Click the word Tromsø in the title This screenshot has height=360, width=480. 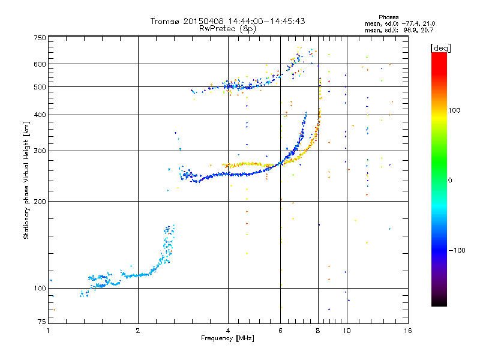[x=164, y=21]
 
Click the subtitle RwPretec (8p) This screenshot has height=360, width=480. [x=227, y=29]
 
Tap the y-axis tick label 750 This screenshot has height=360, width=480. [x=40, y=38]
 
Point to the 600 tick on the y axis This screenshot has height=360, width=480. [x=40, y=64]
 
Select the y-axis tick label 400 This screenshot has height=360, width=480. [x=40, y=115]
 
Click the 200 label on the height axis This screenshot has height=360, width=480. [x=40, y=202]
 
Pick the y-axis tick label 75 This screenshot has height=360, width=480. [x=42, y=322]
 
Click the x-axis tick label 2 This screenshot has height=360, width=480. [x=138, y=331]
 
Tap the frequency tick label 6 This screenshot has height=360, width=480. [x=280, y=331]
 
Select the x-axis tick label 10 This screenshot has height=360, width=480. [x=347, y=331]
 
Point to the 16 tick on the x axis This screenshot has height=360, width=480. [x=408, y=331]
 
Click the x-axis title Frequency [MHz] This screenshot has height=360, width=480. [x=227, y=338]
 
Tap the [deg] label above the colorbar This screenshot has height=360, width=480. [x=440, y=49]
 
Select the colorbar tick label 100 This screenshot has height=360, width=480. [x=454, y=110]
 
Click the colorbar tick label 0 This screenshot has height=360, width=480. [x=450, y=181]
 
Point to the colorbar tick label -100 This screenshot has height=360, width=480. [x=457, y=250]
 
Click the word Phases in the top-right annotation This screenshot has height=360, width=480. [x=388, y=17]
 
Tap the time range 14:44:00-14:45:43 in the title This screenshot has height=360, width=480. [x=266, y=21]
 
